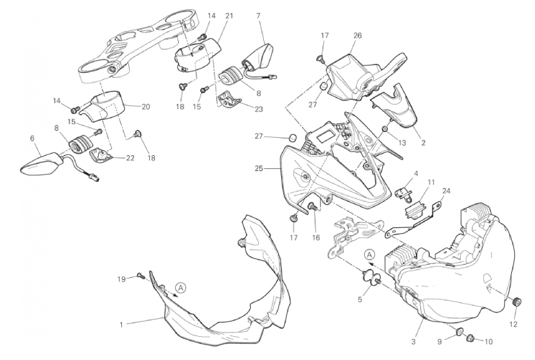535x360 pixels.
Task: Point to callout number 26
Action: point(358,35)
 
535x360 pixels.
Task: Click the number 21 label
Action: point(229,15)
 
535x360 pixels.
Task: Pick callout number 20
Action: point(146,107)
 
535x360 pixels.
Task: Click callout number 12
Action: point(513,324)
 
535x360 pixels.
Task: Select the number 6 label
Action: point(32,138)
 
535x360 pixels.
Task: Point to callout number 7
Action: point(258,15)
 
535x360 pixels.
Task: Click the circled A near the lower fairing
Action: point(181,287)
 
